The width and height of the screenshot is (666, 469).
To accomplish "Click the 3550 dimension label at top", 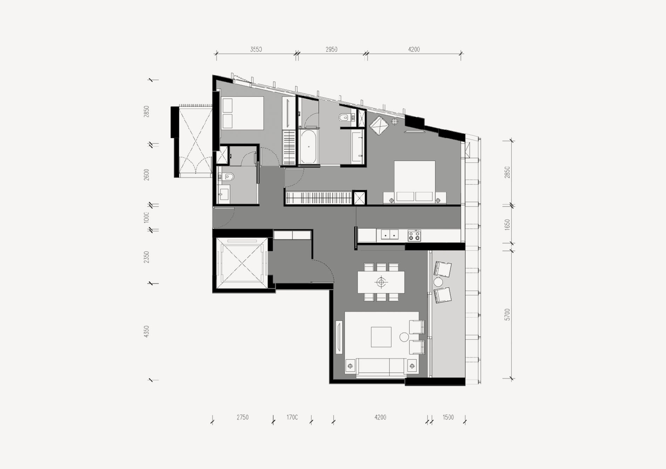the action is pos(256,49).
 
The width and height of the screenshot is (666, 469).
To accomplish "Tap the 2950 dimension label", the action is pos(331,49).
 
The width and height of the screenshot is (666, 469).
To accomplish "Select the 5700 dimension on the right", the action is pos(507,315).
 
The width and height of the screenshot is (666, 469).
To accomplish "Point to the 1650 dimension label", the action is pos(507,224).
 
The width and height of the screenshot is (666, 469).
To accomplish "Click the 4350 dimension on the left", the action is pos(147,331).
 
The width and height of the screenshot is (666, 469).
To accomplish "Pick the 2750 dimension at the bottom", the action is pos(243,417).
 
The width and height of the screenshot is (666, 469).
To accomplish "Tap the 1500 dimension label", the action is pos(448,417).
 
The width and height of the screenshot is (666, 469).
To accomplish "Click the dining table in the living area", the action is pos(381,282).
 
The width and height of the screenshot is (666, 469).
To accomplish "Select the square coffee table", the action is pos(381,337).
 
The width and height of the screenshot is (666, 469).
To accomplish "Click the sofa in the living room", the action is pos(381,367).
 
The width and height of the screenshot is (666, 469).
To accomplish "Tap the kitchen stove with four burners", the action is pos(414,235).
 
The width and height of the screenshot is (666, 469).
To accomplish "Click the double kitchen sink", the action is pos(390,234).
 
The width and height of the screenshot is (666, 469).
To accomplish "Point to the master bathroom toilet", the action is pos(344,118).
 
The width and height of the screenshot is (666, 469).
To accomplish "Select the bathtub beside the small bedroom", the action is pos(308,146).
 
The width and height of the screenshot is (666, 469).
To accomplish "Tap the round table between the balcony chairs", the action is pos(438,282).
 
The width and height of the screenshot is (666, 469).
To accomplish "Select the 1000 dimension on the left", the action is pos(147,217).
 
